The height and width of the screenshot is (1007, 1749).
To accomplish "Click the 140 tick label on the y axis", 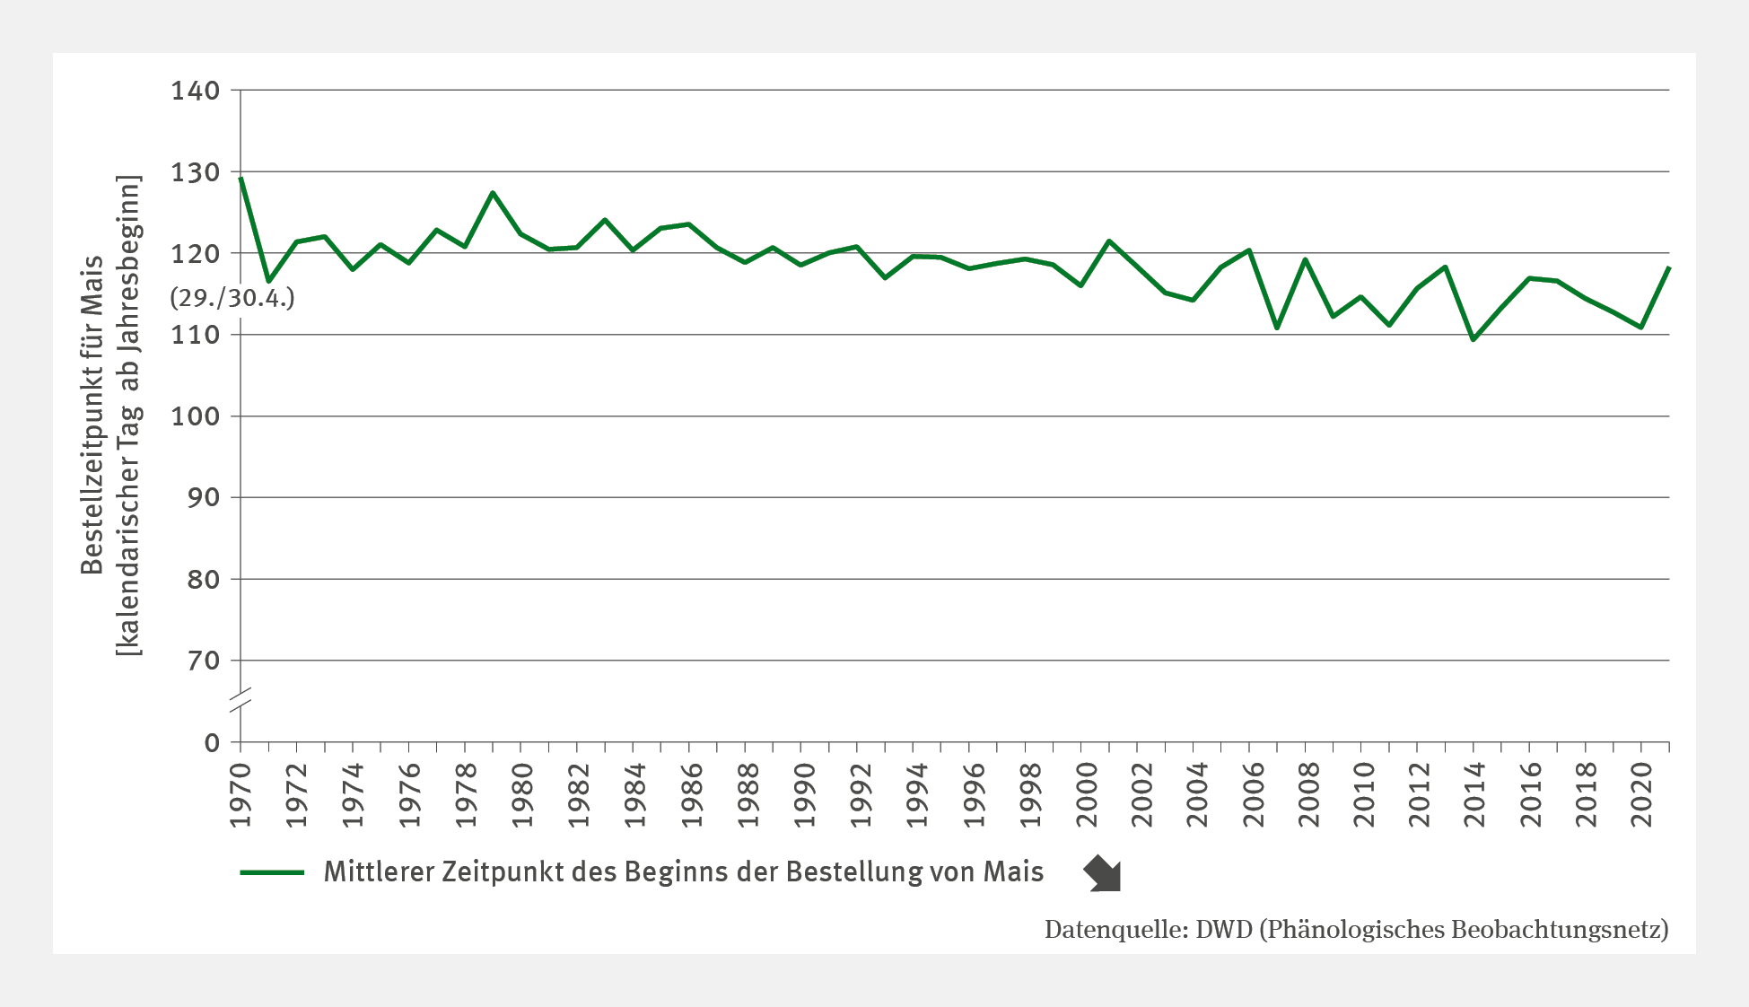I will (x=195, y=91).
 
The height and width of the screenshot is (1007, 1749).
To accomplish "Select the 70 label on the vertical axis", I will (x=204, y=661).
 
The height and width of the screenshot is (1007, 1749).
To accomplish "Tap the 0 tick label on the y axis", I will (x=212, y=742).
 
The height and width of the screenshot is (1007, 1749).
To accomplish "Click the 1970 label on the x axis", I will (x=240, y=795).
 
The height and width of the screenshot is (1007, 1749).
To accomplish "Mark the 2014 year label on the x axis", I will (x=1474, y=795).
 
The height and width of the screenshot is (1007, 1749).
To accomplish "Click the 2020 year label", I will (x=1642, y=795).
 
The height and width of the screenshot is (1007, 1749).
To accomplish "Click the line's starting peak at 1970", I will (x=240, y=178).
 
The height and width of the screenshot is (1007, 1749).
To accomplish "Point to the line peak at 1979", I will (x=493, y=192).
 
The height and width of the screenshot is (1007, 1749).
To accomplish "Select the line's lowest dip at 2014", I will (x=1474, y=339).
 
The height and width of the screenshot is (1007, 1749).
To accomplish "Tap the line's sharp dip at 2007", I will (x=1277, y=328).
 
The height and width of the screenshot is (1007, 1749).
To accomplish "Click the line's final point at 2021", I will (x=1669, y=267).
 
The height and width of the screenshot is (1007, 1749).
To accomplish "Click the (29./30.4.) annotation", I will (x=232, y=298).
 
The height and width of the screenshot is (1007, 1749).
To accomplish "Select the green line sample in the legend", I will (x=273, y=872).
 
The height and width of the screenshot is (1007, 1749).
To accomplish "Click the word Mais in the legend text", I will (x=1013, y=871).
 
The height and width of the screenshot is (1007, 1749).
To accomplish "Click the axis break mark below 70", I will (x=240, y=702).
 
